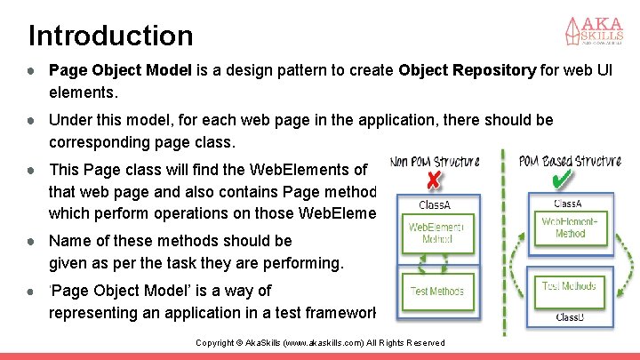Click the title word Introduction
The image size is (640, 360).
(x=110, y=36)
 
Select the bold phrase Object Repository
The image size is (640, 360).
(x=468, y=70)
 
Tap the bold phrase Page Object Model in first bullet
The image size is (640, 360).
(x=120, y=70)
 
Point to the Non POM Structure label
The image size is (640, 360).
(x=436, y=162)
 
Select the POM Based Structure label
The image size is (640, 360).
(x=570, y=161)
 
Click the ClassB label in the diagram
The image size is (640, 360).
(x=570, y=316)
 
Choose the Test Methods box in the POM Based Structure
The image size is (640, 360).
(x=570, y=286)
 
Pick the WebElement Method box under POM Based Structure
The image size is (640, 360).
(x=570, y=227)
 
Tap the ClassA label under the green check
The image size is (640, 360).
(x=570, y=204)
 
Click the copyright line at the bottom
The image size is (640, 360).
(x=319, y=343)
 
